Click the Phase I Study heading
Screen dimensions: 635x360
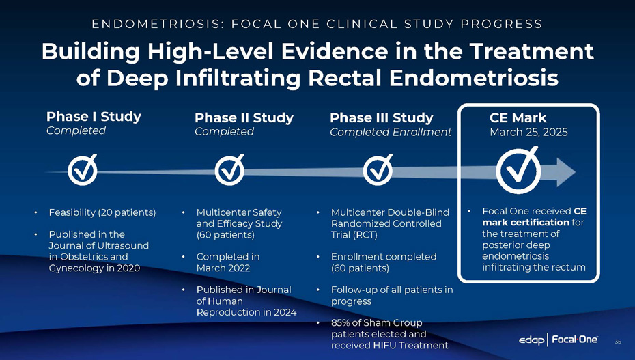[x=94, y=117]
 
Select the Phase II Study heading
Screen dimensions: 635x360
[x=244, y=118]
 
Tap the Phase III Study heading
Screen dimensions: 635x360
[x=382, y=118]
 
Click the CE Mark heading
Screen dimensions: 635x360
[x=518, y=118]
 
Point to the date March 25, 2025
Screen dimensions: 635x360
[x=528, y=132]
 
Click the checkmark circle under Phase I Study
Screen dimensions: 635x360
[x=83, y=170]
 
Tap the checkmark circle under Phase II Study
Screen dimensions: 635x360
[x=229, y=170]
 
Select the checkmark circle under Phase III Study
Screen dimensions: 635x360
[x=378, y=170]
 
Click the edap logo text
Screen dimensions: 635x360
[x=531, y=340]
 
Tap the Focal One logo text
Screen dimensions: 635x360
[x=575, y=340]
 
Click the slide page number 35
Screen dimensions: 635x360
[x=617, y=342]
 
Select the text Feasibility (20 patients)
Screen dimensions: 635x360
[x=102, y=212]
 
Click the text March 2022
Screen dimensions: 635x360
[x=223, y=268]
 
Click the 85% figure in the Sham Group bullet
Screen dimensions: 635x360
[x=340, y=322]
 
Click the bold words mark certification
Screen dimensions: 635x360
[x=526, y=222]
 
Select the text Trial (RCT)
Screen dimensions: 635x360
[x=354, y=235]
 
